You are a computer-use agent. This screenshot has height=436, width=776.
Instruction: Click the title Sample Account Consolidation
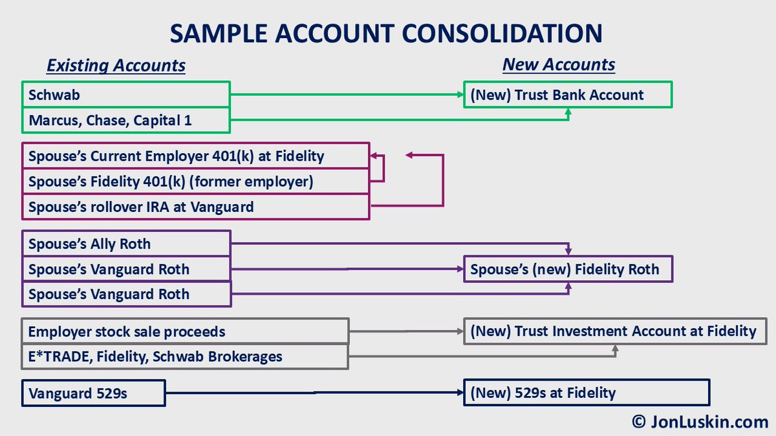pyautogui.click(x=386, y=34)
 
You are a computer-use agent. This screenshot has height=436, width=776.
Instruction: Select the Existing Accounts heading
pyautogui.click(x=116, y=65)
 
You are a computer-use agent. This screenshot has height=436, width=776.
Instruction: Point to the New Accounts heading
pyautogui.click(x=559, y=65)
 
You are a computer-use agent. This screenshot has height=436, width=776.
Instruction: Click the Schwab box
pyautogui.click(x=126, y=94)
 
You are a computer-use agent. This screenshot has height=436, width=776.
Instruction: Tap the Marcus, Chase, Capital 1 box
pyautogui.click(x=126, y=120)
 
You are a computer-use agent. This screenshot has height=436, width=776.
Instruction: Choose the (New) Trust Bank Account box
pyautogui.click(x=568, y=94)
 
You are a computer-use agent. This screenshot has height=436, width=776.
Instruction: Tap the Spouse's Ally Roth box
pyautogui.click(x=126, y=244)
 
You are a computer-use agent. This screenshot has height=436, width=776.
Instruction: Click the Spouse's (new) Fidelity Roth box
pyautogui.click(x=568, y=269)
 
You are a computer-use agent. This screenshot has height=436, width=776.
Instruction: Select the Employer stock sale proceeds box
pyautogui.click(x=185, y=331)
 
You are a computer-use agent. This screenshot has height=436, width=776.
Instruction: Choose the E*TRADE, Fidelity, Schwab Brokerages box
pyautogui.click(x=185, y=356)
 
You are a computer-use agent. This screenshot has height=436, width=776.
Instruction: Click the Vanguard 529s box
pyautogui.click(x=93, y=393)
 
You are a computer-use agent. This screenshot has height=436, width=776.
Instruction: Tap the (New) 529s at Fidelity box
pyautogui.click(x=586, y=392)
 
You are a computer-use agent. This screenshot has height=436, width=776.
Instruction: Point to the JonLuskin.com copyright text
pyautogui.click(x=700, y=422)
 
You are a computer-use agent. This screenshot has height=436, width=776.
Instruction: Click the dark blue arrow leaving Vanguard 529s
pyautogui.click(x=314, y=392)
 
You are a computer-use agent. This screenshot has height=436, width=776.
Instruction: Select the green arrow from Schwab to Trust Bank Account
pyautogui.click(x=346, y=94)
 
